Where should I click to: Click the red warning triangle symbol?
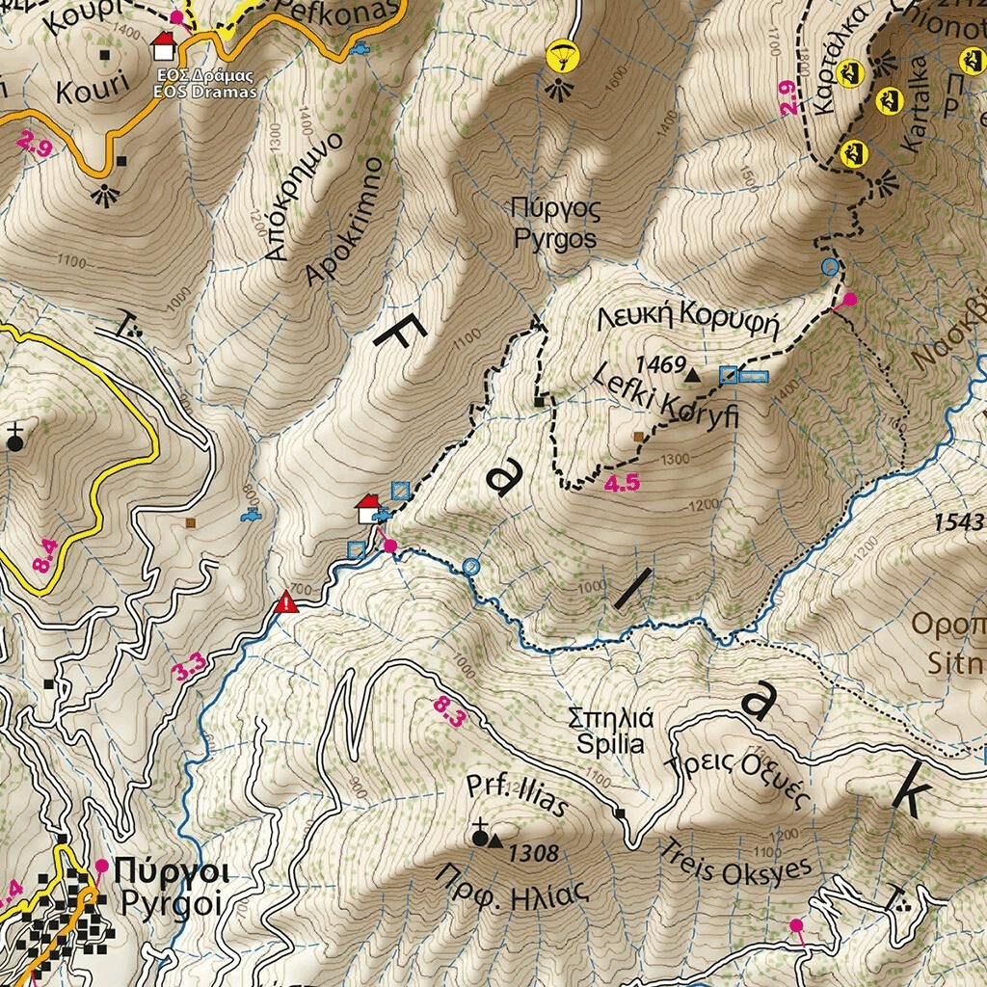coord(286,603)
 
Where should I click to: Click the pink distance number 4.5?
coord(622,484)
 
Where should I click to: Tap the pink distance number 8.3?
coord(450,712)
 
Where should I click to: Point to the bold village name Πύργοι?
coord(171,872)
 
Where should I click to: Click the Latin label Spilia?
coord(610,744)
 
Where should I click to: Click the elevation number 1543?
coord(959,522)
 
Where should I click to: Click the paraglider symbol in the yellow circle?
coord(559,56)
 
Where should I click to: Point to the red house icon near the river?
coord(368,508)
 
